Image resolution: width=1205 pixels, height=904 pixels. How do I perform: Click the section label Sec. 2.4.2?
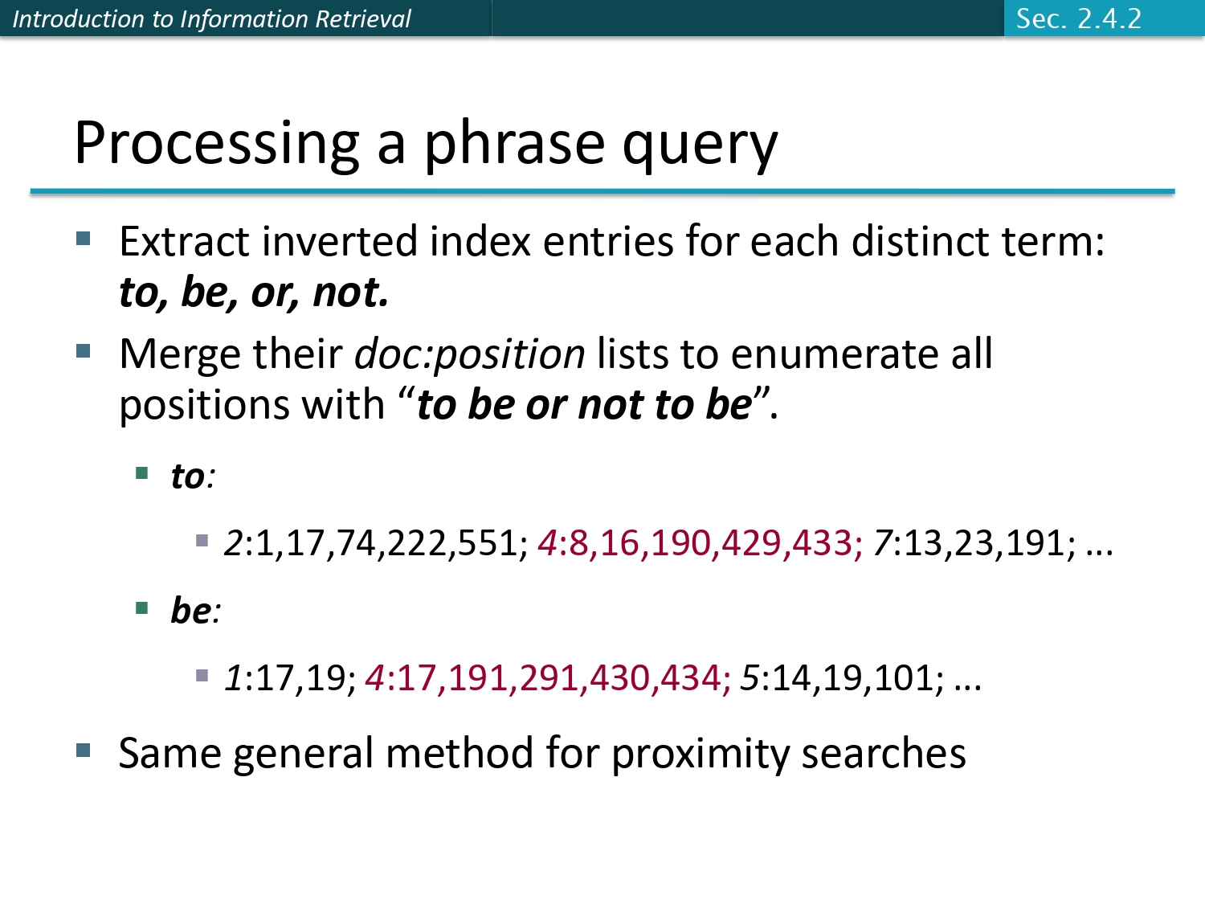tap(1078, 18)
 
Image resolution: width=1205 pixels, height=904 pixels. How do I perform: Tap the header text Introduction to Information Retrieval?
tap(211, 18)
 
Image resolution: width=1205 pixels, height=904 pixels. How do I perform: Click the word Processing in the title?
tap(217, 144)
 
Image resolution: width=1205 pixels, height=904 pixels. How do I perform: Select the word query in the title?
tap(700, 145)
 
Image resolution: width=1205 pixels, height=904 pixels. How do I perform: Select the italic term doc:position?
tap(470, 354)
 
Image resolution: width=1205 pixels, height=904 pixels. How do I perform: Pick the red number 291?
tap(553, 678)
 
